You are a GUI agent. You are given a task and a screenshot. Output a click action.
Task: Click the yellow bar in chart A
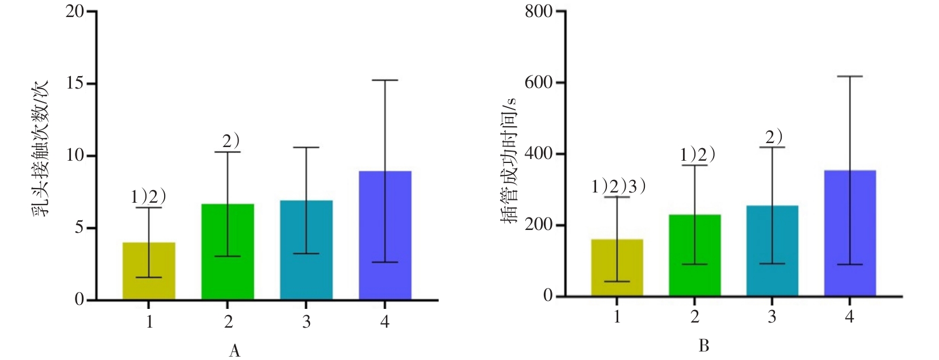[149, 271]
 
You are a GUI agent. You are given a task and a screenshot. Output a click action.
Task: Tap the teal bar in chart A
[306, 250]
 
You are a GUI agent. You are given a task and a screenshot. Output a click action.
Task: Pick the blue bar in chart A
[385, 235]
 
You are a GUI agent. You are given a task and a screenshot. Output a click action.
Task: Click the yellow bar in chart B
[617, 267]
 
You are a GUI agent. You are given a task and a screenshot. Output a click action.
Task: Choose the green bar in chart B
[695, 255]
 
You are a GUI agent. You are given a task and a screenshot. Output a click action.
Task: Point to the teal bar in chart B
[772, 250]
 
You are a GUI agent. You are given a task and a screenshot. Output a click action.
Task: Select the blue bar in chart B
[850, 233]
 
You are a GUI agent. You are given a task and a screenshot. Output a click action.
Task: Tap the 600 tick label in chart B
[539, 82]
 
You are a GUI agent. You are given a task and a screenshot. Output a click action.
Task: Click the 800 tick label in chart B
[539, 11]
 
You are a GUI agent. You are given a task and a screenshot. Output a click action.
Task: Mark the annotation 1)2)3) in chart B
[618, 187]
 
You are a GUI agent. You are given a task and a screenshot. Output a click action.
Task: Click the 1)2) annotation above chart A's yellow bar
[149, 197]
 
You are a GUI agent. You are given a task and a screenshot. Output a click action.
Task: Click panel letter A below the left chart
[234, 351]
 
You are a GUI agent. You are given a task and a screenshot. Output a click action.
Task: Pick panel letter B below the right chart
[704, 346]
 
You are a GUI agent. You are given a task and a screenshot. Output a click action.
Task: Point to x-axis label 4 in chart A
[385, 322]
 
